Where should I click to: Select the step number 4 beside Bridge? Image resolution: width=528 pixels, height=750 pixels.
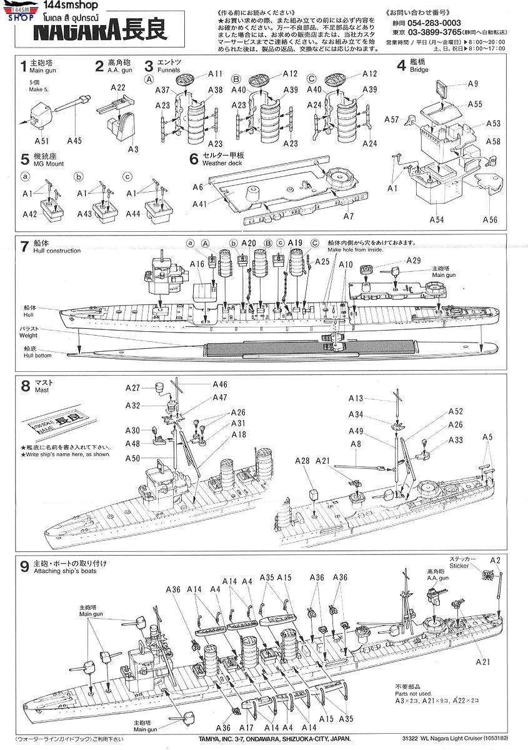[401, 65]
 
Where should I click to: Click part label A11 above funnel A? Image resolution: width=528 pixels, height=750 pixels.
[216, 74]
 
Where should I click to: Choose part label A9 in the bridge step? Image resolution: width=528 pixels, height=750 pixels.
[472, 84]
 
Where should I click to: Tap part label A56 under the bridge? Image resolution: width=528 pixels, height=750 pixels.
[491, 219]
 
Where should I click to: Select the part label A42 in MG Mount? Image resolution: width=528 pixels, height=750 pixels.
[29, 214]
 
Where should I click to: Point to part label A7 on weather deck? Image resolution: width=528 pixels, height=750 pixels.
[348, 216]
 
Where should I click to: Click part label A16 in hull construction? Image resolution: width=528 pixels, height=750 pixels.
[197, 264]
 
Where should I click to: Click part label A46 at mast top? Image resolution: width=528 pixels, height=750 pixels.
[220, 384]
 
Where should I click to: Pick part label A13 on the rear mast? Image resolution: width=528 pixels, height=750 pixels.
[356, 398]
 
